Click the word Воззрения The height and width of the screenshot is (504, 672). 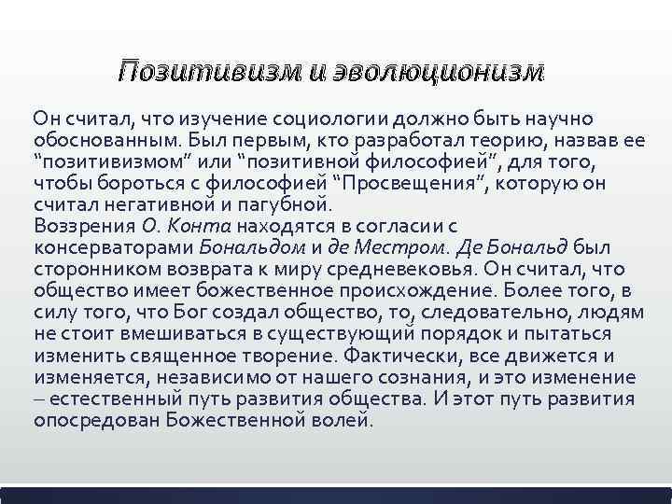[x=84, y=227]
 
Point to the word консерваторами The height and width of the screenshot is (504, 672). [x=113, y=248]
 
